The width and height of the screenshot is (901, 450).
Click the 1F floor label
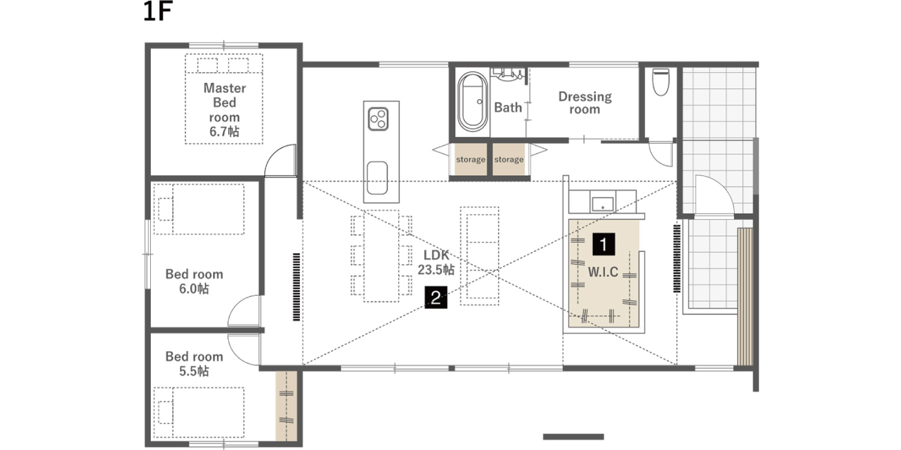157,11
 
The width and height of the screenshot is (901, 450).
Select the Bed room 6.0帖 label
194,281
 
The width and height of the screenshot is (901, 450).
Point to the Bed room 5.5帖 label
194,364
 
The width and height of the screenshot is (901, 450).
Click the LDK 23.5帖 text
436,262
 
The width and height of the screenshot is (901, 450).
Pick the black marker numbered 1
603,244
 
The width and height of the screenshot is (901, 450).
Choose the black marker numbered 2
436,298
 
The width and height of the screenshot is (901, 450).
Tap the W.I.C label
603,272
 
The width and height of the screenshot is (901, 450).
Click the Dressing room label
585,103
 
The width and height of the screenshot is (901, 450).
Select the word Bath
508,107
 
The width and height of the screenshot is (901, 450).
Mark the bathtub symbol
473,101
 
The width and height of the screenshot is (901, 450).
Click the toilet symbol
661,82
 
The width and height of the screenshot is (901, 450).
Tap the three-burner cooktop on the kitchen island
378,119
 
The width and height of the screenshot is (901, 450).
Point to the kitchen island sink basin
377,178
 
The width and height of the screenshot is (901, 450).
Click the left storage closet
470,159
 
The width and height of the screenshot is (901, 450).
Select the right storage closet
509,159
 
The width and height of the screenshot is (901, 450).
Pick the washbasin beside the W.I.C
602,204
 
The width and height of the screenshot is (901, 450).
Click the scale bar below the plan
573,437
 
